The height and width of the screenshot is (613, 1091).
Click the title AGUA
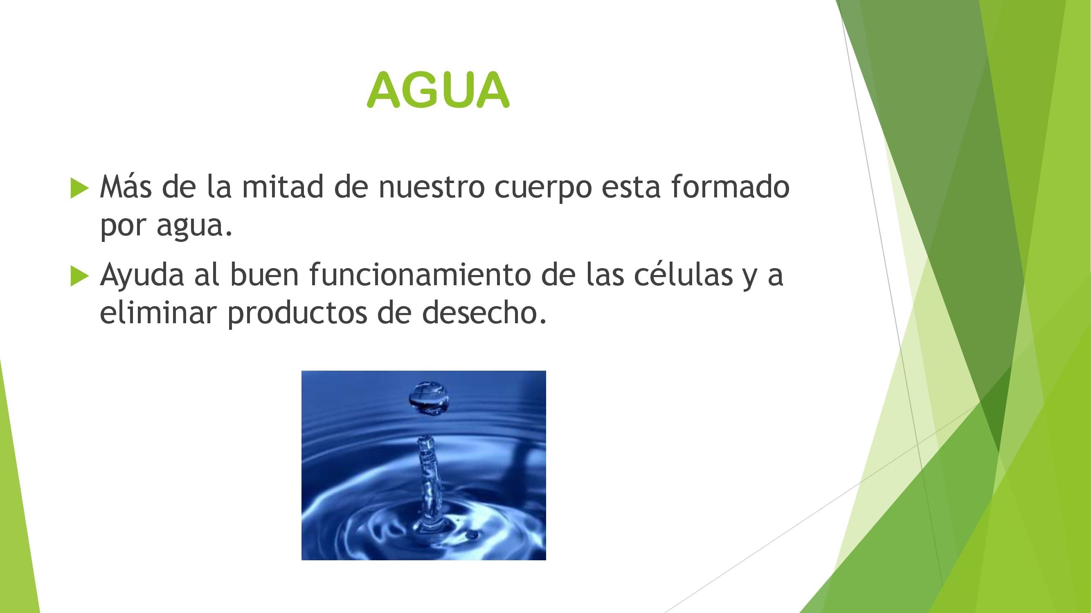click(x=438, y=89)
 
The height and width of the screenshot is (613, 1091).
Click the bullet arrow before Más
click(x=80, y=188)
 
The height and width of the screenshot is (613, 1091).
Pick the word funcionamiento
click(x=420, y=274)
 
